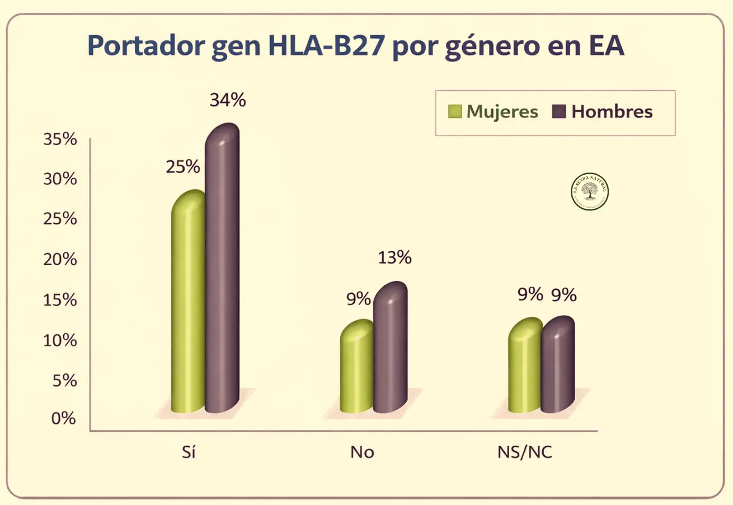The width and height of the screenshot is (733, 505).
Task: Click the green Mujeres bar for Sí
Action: coord(188,308)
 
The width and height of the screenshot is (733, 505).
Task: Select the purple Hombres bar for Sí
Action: coord(222,274)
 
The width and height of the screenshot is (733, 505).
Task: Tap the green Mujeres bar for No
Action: coord(356,370)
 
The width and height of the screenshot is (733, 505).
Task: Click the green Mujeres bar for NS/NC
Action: coord(524,370)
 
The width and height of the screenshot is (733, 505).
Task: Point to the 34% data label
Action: coord(228,100)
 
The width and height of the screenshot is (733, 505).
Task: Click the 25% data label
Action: coord(182,166)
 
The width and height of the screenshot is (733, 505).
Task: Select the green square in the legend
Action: coord(455,111)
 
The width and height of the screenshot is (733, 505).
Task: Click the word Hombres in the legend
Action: coord(612,111)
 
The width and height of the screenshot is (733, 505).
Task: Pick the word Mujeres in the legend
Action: coord(502,111)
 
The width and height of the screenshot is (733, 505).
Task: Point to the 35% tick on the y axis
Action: coord(60,139)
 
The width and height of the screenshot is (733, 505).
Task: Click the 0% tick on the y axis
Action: coord(63,418)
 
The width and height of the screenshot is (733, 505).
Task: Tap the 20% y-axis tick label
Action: coord(60,260)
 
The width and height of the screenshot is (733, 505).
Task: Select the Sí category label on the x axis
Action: coord(189,452)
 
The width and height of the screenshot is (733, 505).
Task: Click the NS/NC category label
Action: coord(524,452)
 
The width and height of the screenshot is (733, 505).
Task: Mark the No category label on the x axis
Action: coord(362,452)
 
